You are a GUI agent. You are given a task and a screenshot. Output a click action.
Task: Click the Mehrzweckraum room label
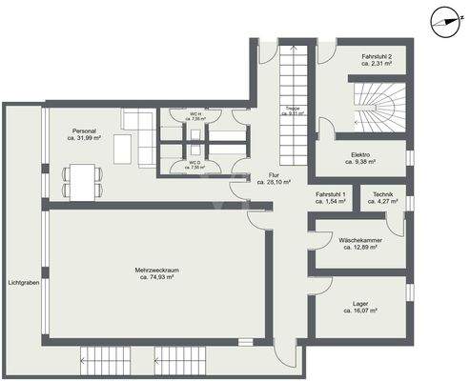click(x=157, y=271)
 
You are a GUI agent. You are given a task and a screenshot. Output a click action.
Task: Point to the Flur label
click(x=275, y=175)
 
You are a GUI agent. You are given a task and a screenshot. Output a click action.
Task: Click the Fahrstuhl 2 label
click(x=365, y=58)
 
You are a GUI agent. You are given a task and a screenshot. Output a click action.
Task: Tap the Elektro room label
click(x=360, y=154)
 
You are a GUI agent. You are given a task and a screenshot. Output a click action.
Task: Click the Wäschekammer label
click(x=360, y=240)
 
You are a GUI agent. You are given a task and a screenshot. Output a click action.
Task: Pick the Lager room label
click(x=360, y=304)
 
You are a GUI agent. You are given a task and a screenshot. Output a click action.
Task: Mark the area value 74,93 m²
click(x=157, y=277)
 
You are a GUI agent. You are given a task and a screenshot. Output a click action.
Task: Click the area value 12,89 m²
click(x=360, y=247)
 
